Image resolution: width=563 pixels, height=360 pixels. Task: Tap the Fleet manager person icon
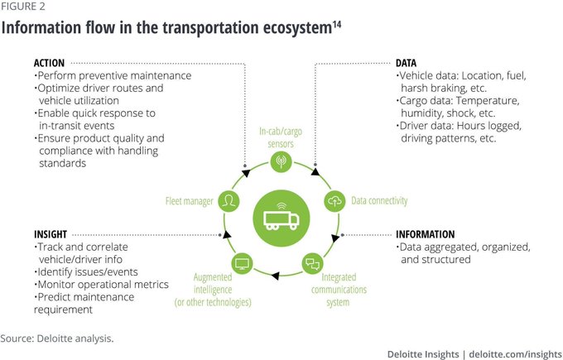pyautogui.click(x=229, y=200)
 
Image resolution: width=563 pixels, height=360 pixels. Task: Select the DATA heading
pyautogui.click(x=406, y=63)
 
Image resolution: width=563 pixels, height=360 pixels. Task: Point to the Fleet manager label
pyautogui.click(x=189, y=200)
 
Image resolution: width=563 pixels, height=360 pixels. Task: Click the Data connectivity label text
pyautogui.click(x=378, y=200)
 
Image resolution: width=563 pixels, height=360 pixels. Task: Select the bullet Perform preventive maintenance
pyautogui.click(x=114, y=76)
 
